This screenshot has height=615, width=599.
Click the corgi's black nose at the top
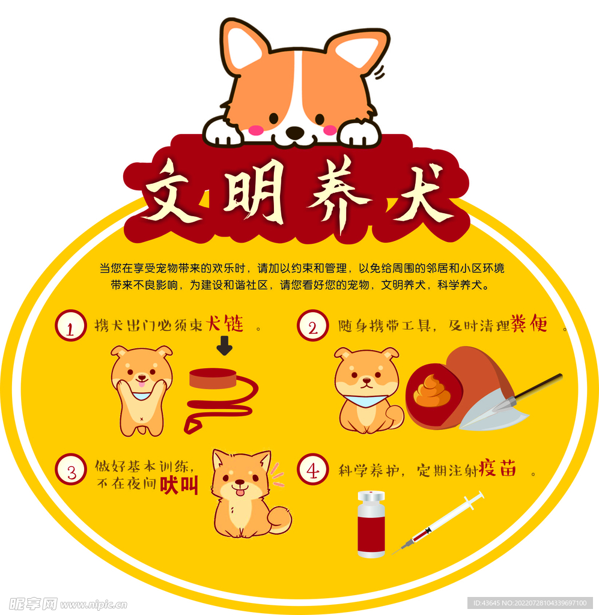point(294,132)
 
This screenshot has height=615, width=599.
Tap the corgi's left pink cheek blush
point(257,129)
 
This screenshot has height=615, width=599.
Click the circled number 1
point(70,326)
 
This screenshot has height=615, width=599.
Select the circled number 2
point(313,326)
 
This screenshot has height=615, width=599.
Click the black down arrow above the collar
point(225,346)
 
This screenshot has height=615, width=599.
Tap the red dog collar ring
point(213,378)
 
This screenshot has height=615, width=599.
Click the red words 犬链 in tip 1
point(225,325)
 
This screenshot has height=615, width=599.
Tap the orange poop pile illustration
point(432,392)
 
